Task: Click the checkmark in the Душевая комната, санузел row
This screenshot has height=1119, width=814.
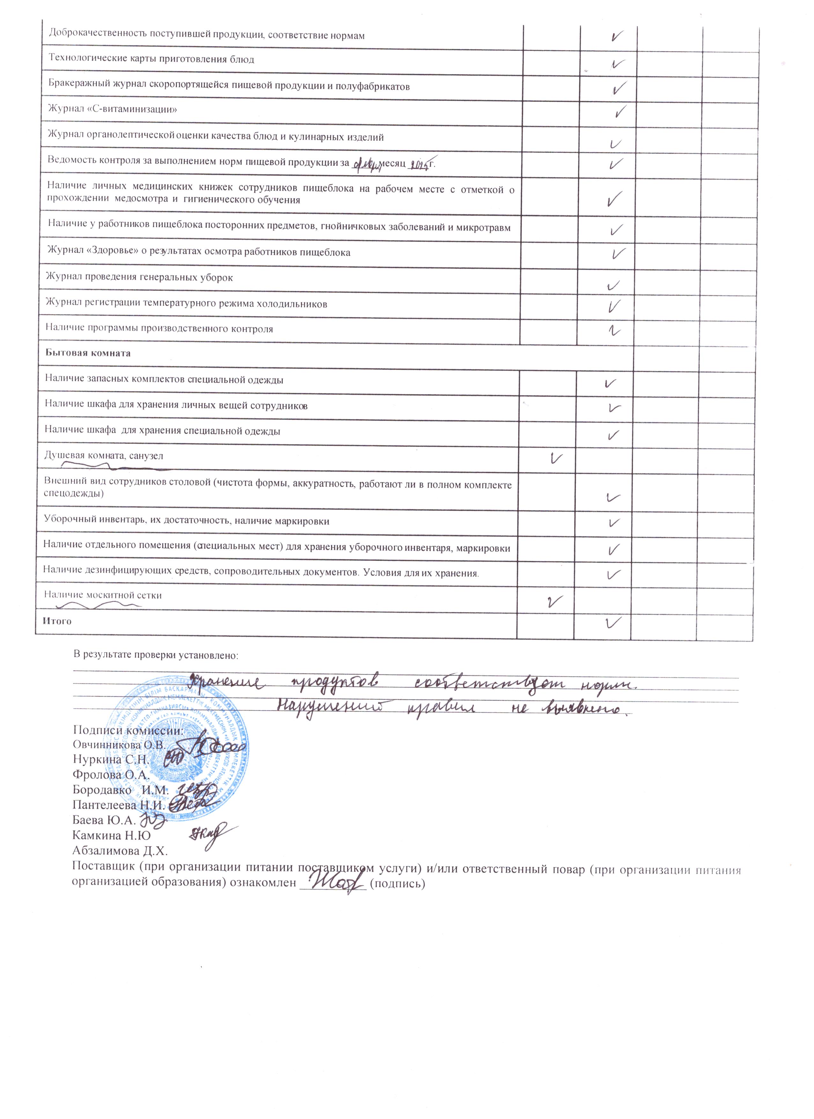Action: pyautogui.click(x=555, y=458)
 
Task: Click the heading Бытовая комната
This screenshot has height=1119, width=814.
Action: pyautogui.click(x=88, y=353)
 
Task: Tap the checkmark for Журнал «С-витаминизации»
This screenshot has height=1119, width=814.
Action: pyautogui.click(x=621, y=111)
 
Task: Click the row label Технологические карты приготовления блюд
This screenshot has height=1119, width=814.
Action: pyautogui.click(x=151, y=60)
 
